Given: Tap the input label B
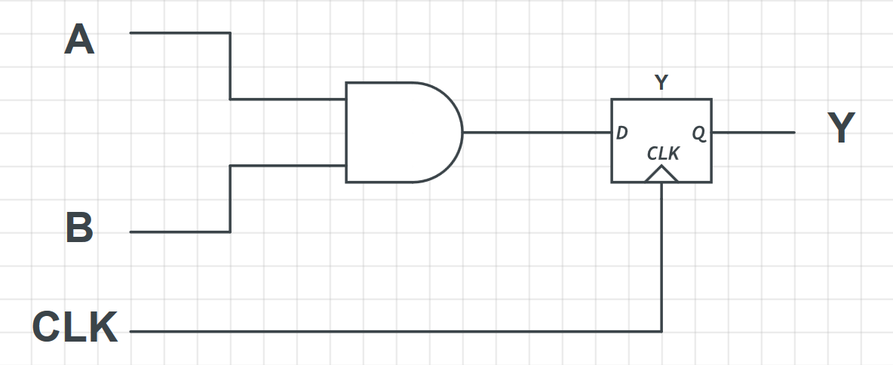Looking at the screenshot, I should (79, 228).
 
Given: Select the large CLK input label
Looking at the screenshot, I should (75, 327).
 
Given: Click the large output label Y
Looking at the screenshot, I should (841, 129).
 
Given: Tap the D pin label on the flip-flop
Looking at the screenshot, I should (622, 133).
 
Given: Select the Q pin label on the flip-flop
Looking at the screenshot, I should (699, 133).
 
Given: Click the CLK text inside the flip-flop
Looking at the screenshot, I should (663, 154).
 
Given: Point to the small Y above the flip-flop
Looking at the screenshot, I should (661, 83).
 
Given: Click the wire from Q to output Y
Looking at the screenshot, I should (753, 132).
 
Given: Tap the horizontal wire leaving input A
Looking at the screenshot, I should (180, 33).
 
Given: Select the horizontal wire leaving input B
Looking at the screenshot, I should (180, 232).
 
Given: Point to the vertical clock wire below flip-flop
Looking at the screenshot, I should (661, 256).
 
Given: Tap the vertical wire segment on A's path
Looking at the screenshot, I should (230, 66).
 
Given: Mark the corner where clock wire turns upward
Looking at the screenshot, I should (661, 331).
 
